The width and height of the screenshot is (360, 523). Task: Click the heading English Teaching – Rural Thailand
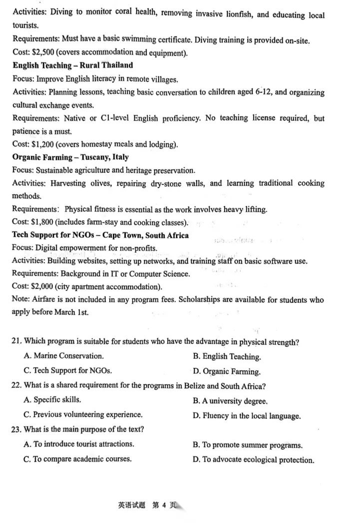point(73,65)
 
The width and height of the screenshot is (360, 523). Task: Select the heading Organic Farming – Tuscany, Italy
point(70,157)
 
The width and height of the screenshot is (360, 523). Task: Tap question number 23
point(17,429)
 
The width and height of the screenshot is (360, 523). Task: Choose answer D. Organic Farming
point(226,371)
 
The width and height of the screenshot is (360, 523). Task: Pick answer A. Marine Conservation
point(63,356)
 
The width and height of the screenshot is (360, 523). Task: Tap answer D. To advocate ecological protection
point(253,460)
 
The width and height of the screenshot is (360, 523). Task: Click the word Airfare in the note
point(44,300)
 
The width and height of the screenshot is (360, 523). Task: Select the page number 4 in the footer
point(162,505)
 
